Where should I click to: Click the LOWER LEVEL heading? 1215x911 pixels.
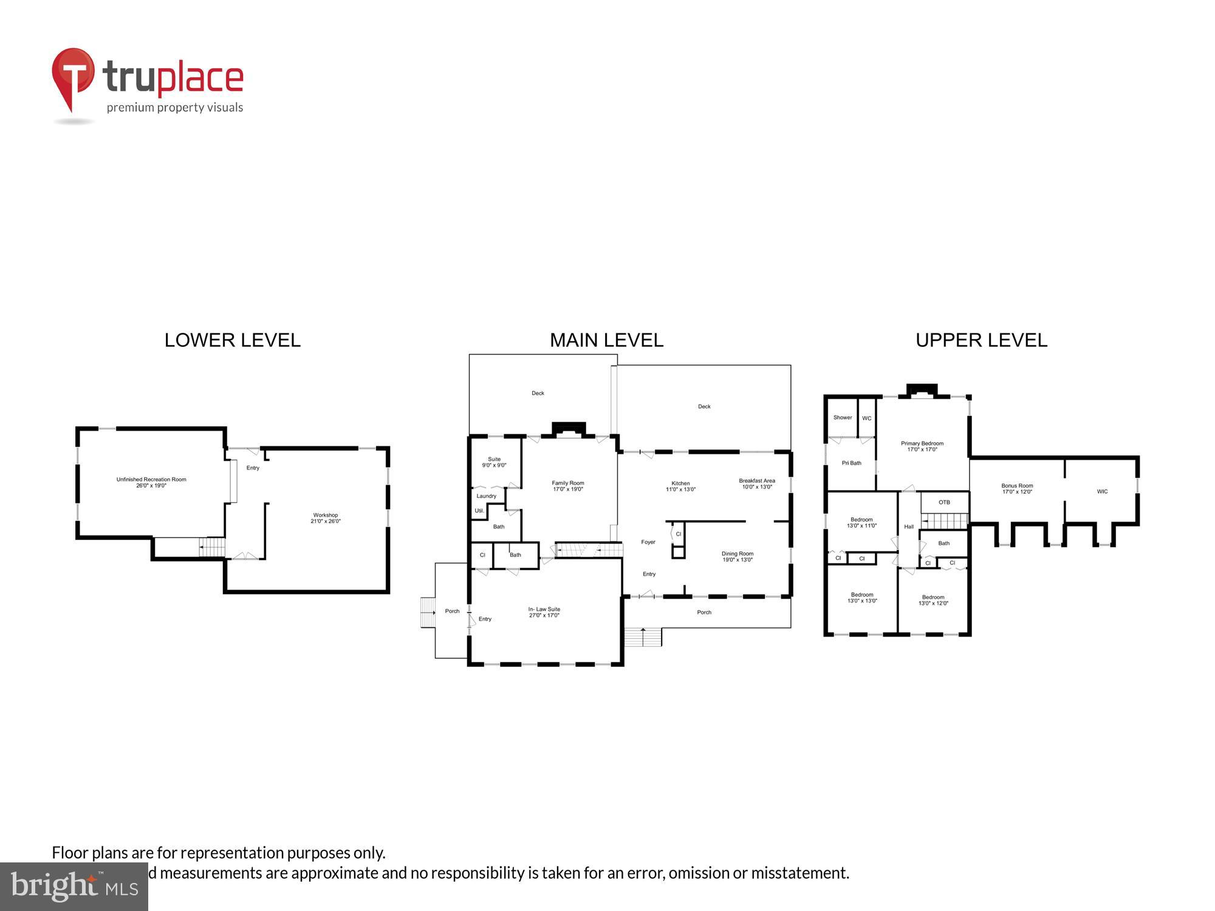click(232, 340)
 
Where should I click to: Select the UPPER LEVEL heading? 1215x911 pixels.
click(981, 340)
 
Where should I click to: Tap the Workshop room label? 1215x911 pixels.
click(326, 518)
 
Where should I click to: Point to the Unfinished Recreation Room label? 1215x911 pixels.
click(151, 482)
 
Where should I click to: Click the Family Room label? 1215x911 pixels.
click(567, 486)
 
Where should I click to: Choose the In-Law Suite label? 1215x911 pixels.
click(544, 612)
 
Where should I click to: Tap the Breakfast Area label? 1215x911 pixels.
click(756, 483)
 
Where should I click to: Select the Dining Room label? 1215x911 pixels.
click(737, 556)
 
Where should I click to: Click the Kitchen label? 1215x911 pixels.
click(680, 486)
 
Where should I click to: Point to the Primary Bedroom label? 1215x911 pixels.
click(922, 446)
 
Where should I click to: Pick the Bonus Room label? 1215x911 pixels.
click(1017, 488)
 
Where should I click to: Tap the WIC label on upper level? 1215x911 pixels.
click(1102, 491)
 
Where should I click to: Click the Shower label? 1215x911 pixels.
click(842, 418)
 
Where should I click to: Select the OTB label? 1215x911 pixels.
click(943, 502)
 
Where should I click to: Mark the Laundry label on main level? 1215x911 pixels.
click(486, 496)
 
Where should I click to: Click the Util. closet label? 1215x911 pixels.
click(479, 511)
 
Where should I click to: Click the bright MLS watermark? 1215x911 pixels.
click(74, 887)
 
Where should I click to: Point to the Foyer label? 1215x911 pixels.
click(648, 542)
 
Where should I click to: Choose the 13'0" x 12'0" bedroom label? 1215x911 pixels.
click(933, 600)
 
